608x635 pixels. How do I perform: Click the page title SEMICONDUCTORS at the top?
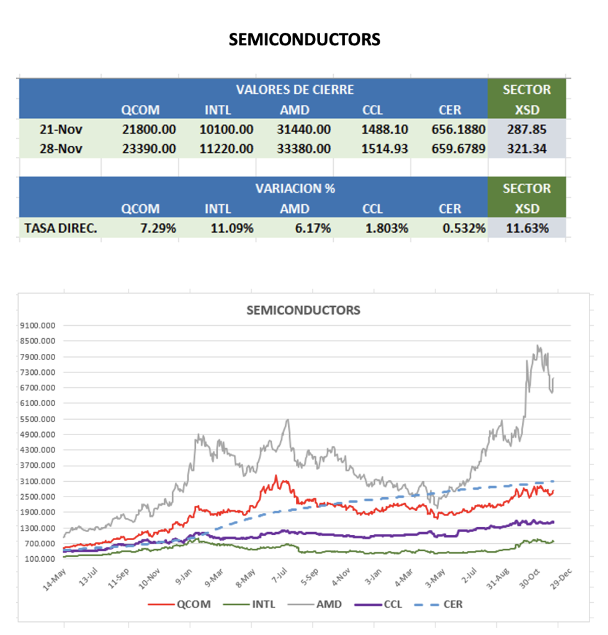click(304, 40)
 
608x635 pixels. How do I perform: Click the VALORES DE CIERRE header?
click(294, 89)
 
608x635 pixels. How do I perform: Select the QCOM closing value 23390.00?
click(148, 149)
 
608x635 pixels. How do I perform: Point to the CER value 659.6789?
click(457, 149)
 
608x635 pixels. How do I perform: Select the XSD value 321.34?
click(527, 149)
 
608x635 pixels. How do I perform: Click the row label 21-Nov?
click(61, 130)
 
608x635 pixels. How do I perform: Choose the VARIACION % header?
click(295, 188)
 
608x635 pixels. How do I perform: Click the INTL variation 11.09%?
click(231, 228)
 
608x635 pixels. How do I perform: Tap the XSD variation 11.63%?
click(527, 228)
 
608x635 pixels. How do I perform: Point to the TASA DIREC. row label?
click(61, 228)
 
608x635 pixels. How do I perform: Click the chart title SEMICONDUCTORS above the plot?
click(303, 310)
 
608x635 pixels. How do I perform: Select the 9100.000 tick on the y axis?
click(38, 325)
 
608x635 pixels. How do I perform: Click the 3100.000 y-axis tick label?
click(38, 481)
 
